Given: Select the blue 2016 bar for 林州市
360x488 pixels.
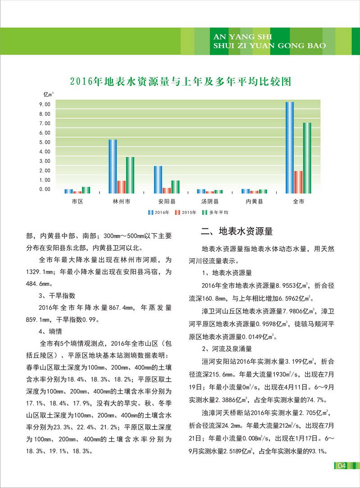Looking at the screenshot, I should click(x=113, y=166).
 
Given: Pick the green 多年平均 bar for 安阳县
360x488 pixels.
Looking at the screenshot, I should click(x=175, y=186).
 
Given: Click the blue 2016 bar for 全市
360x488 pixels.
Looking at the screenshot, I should click(x=290, y=147).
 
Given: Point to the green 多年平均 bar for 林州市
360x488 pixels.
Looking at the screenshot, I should click(x=130, y=175).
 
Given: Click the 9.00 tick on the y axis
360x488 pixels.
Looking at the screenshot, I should click(x=45, y=104).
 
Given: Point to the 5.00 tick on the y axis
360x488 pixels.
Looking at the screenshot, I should click(x=45, y=142).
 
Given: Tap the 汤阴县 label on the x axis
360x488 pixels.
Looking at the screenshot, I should click(x=210, y=202).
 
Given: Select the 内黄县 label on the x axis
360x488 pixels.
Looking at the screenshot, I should click(x=254, y=202).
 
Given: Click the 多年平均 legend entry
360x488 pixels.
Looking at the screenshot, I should click(x=216, y=212).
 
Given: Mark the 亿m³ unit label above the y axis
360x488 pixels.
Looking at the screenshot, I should click(x=48, y=94).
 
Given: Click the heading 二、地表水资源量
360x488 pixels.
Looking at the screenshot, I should click(x=237, y=232).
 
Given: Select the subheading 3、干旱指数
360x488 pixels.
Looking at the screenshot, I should click(x=57, y=296).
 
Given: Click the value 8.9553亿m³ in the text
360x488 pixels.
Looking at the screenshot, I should click(x=292, y=285).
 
